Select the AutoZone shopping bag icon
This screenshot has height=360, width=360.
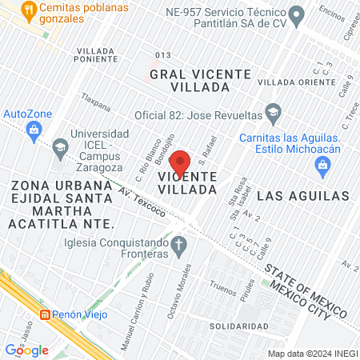coord(34,129)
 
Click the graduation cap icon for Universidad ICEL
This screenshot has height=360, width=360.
coord(61,147)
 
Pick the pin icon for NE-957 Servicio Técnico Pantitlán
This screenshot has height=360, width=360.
coord(296,14)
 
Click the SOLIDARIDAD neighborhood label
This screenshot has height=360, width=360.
coord(238,326)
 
